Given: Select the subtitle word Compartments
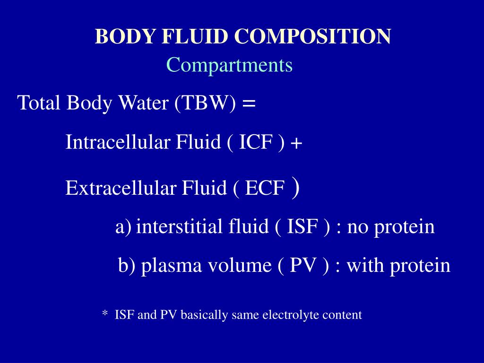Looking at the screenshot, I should click(x=229, y=65).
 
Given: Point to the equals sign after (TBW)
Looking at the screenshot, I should click(x=249, y=103).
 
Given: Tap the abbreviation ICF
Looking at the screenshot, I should click(x=255, y=142).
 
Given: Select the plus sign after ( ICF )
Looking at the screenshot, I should click(x=296, y=143).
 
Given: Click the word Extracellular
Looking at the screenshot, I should click(x=121, y=188).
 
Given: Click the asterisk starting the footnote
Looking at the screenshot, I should click(x=105, y=314).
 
